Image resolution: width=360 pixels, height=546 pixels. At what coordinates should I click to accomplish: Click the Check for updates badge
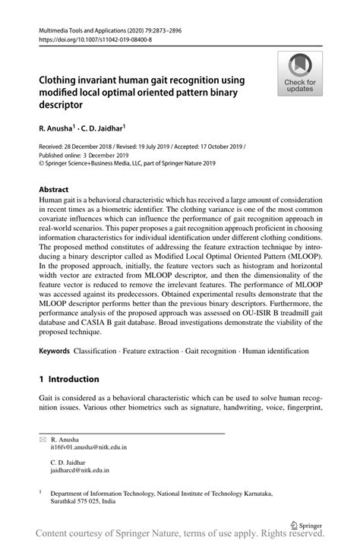tap(300, 74)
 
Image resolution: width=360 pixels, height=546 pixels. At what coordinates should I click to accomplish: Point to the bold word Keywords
tap(55, 351)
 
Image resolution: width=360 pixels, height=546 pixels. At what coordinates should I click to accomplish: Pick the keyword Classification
tap(99, 351)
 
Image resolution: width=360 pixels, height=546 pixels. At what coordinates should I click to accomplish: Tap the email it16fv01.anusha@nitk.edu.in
tap(88, 447)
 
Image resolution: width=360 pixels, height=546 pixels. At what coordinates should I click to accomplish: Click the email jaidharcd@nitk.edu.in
tap(80, 471)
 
